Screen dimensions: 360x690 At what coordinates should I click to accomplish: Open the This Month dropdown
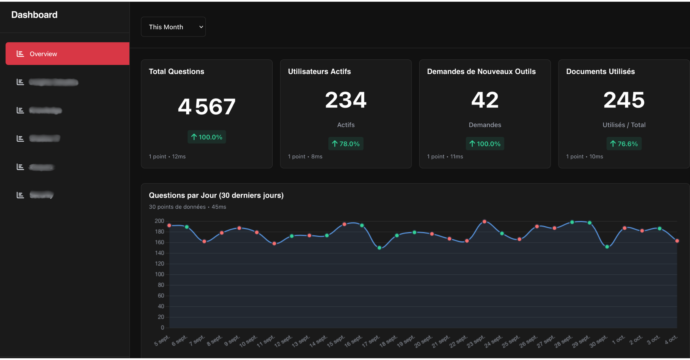[x=173, y=27]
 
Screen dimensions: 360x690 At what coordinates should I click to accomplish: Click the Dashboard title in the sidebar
[x=34, y=15]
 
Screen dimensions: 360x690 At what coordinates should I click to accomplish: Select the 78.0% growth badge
[x=346, y=144]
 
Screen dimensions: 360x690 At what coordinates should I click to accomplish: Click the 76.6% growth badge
[x=624, y=144]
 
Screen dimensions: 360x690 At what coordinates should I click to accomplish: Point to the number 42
[x=485, y=100]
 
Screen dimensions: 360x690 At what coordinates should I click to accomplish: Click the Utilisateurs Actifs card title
[x=319, y=71]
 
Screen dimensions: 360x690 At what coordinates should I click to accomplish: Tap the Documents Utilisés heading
[x=600, y=71]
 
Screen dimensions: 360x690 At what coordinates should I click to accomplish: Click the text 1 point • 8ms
[x=305, y=156]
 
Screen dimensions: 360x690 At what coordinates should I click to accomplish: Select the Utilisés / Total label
[x=624, y=125]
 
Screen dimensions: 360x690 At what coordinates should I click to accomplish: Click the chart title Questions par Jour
[x=216, y=195]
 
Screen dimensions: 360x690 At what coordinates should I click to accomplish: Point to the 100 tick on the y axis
[x=159, y=274]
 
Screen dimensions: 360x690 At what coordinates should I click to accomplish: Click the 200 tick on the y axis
[x=159, y=221]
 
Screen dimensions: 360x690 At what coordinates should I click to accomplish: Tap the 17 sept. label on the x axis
[x=371, y=341]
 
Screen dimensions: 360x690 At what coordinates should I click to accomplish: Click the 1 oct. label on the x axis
[x=618, y=340]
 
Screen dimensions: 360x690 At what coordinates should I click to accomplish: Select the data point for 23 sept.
[x=484, y=222]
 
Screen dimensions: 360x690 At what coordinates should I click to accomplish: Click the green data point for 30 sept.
[x=607, y=247]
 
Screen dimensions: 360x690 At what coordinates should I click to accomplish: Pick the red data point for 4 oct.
[x=677, y=241]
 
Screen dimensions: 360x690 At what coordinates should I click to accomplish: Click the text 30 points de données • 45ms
[x=187, y=207]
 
